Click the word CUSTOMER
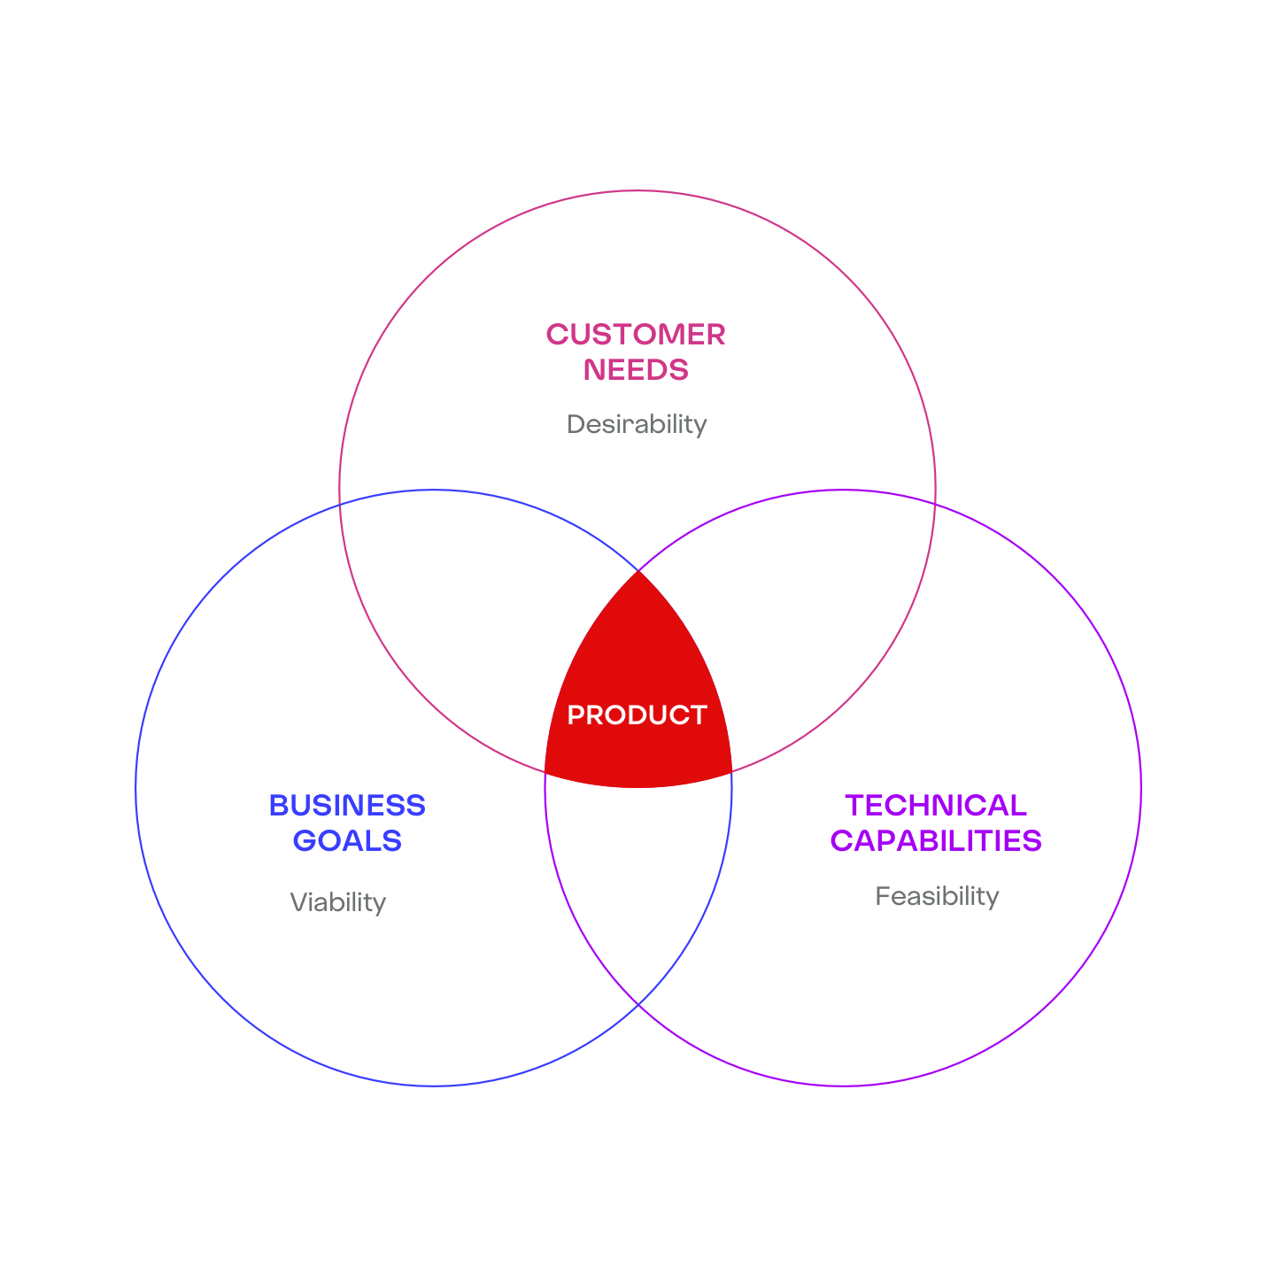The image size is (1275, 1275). point(636,335)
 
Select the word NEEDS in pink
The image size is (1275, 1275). point(636,369)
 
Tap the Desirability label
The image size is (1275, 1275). point(637,424)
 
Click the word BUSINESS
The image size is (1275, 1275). point(347,806)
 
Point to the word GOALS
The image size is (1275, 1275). point(347,840)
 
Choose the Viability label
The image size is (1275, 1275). point(338,902)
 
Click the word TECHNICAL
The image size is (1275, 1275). point(936,806)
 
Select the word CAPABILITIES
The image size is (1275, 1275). point(936,840)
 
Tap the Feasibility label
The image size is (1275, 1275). point(937,896)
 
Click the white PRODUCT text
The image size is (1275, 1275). point(637,715)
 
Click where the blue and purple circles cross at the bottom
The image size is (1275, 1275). point(638,1005)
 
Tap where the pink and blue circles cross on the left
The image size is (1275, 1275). point(341,504)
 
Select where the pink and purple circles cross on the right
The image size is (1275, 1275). point(935,504)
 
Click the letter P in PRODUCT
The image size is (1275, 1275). point(575,715)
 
